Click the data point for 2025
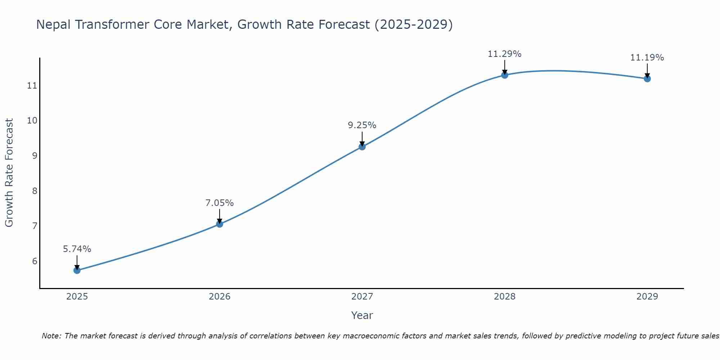(77, 270)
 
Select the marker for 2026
(220, 224)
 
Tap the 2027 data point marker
(362, 147)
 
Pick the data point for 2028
(505, 75)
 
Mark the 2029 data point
(647, 78)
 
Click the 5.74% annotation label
(77, 249)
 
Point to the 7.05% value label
(220, 203)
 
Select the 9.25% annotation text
(362, 125)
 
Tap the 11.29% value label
(505, 54)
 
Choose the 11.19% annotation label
(647, 58)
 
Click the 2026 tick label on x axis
(220, 297)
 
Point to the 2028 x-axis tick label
(505, 297)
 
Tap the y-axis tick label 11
(32, 86)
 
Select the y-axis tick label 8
(35, 191)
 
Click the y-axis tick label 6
(35, 261)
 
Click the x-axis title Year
(362, 315)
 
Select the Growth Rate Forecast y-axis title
(9, 173)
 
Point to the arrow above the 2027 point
(362, 138)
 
